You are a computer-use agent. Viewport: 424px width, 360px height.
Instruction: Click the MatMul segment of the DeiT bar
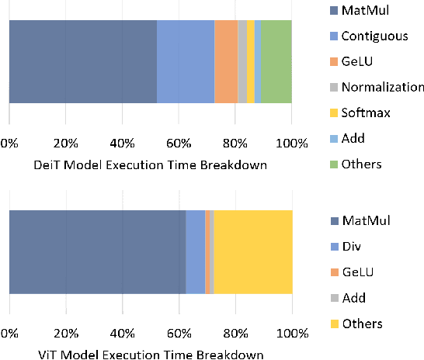point(82,61)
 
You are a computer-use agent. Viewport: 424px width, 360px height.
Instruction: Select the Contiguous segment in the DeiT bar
point(186,61)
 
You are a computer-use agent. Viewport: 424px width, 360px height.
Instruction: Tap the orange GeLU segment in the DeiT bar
point(226,61)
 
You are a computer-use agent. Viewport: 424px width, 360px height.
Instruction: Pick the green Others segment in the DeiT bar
point(276,61)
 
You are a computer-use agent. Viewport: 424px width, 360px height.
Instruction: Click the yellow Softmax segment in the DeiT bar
point(250,61)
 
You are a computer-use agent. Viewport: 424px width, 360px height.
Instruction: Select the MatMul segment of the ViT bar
point(97,252)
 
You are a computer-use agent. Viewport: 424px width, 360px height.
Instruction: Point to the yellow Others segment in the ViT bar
point(253,252)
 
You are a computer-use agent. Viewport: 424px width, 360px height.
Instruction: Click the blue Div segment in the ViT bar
point(195,252)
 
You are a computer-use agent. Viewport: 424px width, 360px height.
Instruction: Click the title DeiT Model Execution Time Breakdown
point(151,164)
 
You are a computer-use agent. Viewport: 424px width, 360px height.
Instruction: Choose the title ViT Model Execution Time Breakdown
point(151,354)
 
